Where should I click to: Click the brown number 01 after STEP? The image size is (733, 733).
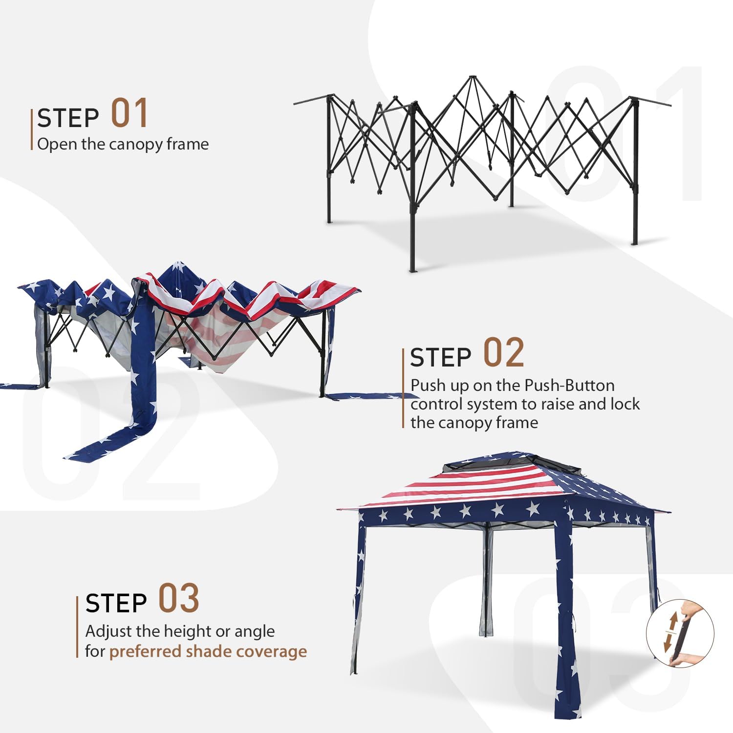coord(129,113)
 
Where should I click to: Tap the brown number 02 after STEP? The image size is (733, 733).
coord(503,353)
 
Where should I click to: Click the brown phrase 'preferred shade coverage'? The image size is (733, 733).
coord(208,651)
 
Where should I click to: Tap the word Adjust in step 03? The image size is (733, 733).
coord(109,631)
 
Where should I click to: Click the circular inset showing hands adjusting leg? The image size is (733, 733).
coord(680,634)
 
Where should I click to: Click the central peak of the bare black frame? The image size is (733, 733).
coord(472,78)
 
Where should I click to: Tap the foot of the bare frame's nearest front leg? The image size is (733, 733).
coord(413,270)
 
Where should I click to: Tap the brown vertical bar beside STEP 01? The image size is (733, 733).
coord(32,129)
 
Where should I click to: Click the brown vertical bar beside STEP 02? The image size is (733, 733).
coord(404,388)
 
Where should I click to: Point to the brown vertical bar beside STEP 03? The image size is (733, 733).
coord(77,627)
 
